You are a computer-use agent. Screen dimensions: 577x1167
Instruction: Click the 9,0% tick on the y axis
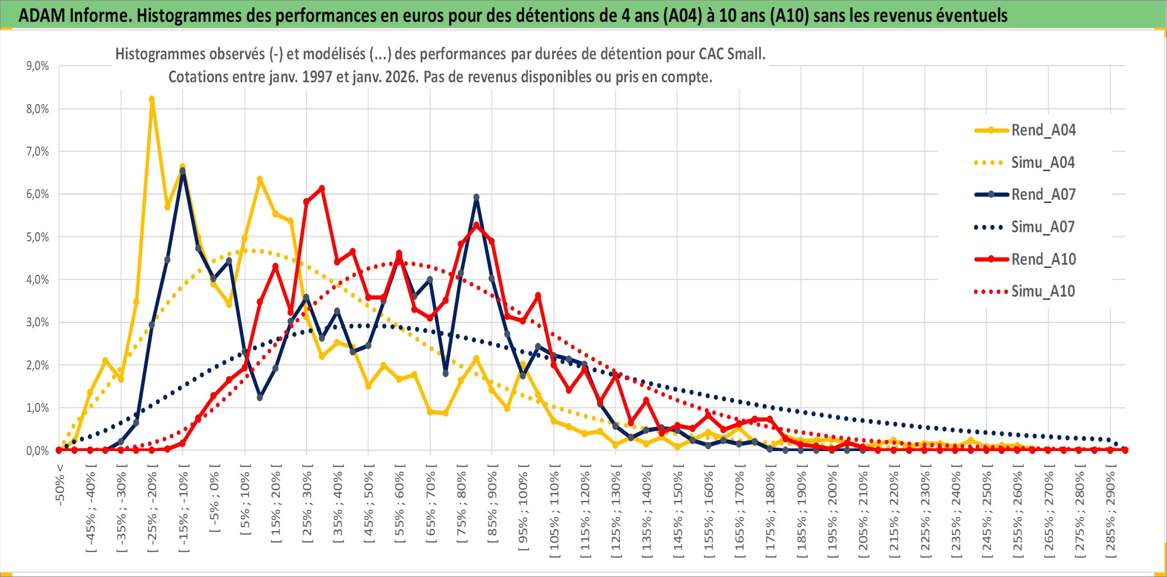37,66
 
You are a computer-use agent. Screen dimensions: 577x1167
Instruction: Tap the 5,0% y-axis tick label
37,237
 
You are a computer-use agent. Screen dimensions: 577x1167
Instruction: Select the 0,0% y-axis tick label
37,451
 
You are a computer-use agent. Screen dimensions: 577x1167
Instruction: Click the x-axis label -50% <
60,485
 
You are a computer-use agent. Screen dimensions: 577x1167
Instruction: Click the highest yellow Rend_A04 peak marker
152,100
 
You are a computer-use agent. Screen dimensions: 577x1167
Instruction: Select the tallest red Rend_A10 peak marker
322,189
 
